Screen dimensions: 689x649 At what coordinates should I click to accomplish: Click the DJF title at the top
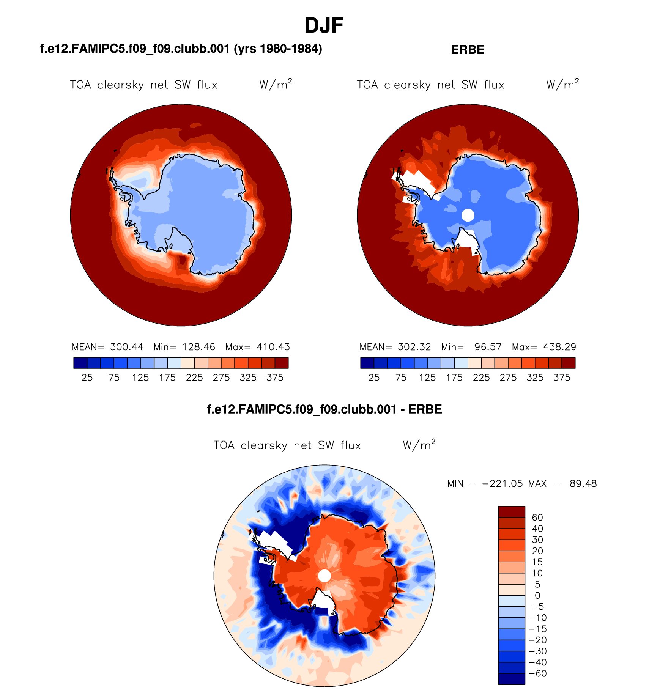click(x=324, y=26)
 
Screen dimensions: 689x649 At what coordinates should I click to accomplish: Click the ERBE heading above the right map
click(x=467, y=50)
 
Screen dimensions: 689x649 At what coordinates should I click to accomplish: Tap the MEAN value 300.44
click(x=127, y=347)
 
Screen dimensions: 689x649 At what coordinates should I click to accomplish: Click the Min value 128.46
click(x=198, y=347)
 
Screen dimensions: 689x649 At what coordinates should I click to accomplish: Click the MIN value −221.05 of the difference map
click(x=502, y=484)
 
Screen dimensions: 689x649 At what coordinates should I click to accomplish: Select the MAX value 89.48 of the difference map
click(x=583, y=484)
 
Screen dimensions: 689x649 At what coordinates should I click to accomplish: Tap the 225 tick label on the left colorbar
click(x=194, y=378)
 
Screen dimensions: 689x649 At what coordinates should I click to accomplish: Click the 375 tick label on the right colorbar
click(x=562, y=378)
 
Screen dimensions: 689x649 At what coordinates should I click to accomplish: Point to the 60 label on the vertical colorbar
click(x=537, y=518)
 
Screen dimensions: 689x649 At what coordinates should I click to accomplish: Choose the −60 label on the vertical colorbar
click(x=537, y=673)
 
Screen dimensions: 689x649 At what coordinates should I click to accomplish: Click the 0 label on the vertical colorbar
click(x=537, y=596)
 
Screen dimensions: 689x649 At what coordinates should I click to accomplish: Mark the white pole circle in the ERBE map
click(x=468, y=215)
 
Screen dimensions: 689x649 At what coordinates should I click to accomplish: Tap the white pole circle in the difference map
click(x=324, y=576)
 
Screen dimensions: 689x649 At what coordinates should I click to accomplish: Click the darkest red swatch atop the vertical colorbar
click(x=511, y=511)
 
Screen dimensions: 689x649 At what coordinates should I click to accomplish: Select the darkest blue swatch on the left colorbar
click(x=80, y=363)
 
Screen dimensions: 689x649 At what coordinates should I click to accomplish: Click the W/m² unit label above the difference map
click(x=419, y=445)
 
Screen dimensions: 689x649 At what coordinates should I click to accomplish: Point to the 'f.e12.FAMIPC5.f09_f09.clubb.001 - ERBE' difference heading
click(x=324, y=409)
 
